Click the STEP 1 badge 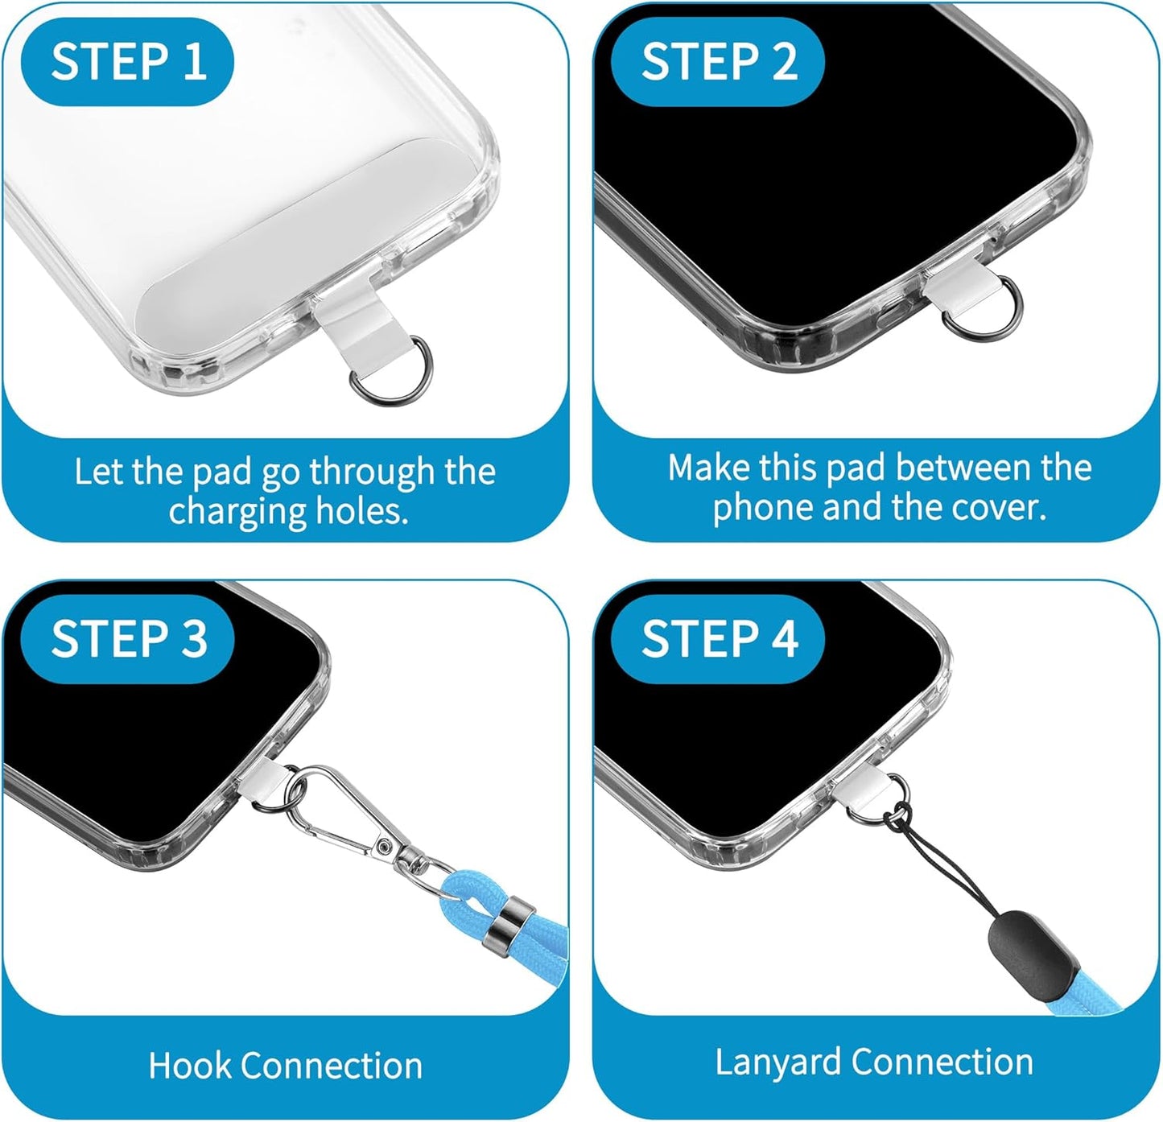point(127,61)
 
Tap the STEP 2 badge point(718,61)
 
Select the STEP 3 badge point(127,639)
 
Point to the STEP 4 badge point(718,639)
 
